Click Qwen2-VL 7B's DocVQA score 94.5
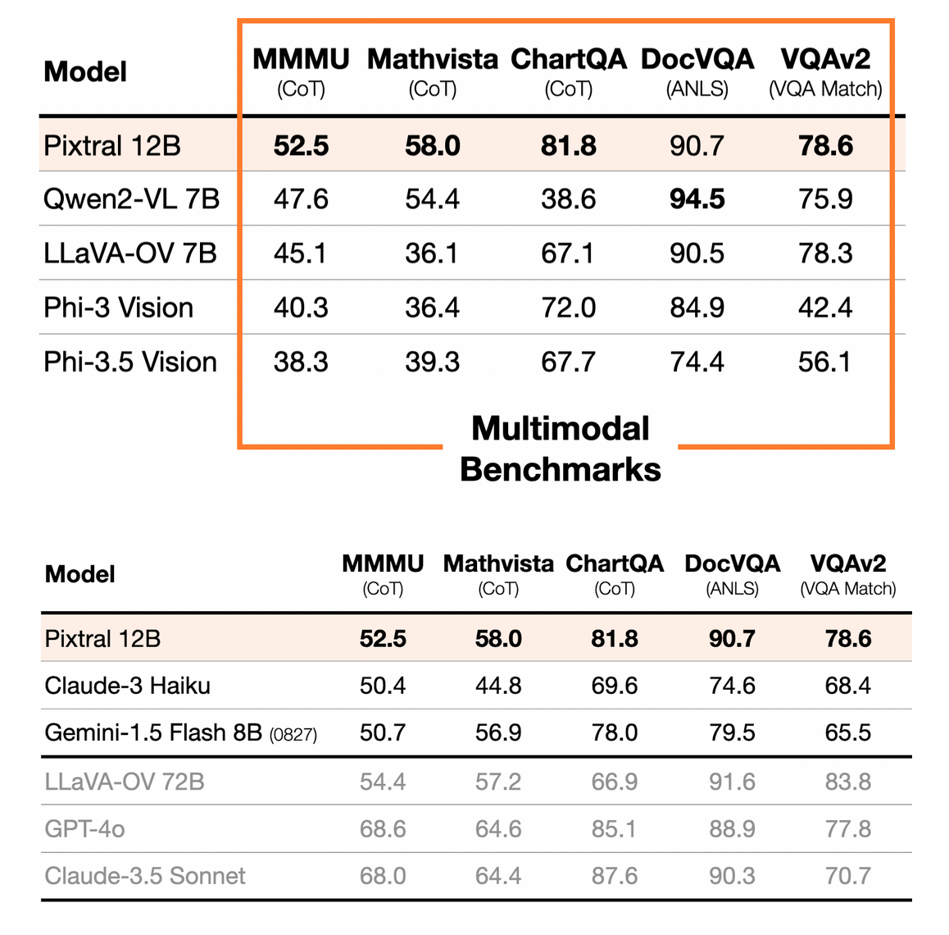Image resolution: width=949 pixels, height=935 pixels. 697,199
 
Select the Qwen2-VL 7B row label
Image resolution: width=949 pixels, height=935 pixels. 131,199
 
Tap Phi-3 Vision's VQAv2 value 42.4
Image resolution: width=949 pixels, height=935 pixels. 825,308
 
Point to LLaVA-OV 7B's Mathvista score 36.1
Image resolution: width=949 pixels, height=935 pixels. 432,253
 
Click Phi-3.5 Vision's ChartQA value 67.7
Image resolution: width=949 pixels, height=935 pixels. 568,362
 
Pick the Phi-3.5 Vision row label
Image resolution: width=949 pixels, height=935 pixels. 130,362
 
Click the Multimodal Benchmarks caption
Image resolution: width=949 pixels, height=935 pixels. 561,449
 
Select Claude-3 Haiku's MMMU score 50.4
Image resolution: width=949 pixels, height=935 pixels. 383,686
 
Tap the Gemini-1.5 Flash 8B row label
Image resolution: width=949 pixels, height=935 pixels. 153,732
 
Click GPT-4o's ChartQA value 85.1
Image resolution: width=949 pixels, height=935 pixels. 614,829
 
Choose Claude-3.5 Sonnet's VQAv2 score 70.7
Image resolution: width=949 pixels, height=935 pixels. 847,876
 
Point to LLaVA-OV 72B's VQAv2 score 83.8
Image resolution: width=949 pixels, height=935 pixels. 847,782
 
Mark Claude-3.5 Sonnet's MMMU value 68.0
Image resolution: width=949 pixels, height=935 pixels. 383,876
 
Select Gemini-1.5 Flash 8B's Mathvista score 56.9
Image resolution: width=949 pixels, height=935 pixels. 498,732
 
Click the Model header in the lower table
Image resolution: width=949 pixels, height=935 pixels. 80,574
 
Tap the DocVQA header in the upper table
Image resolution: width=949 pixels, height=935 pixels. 697,60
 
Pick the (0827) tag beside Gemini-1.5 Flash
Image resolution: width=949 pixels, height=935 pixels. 293,735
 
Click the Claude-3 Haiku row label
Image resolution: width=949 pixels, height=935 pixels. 127,686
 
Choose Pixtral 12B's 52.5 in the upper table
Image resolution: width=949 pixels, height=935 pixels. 301,146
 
